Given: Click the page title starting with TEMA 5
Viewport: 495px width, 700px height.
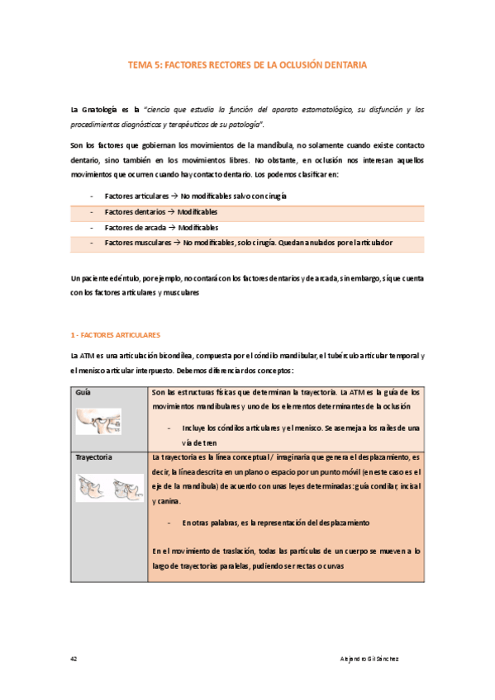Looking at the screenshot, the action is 247,64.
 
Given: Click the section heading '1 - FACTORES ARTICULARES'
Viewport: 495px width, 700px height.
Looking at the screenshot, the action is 116,335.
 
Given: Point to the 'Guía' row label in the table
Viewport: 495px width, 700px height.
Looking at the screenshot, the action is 83,394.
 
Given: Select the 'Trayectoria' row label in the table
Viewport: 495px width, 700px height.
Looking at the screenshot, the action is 95,456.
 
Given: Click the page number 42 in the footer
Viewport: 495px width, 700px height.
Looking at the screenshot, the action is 75,660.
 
